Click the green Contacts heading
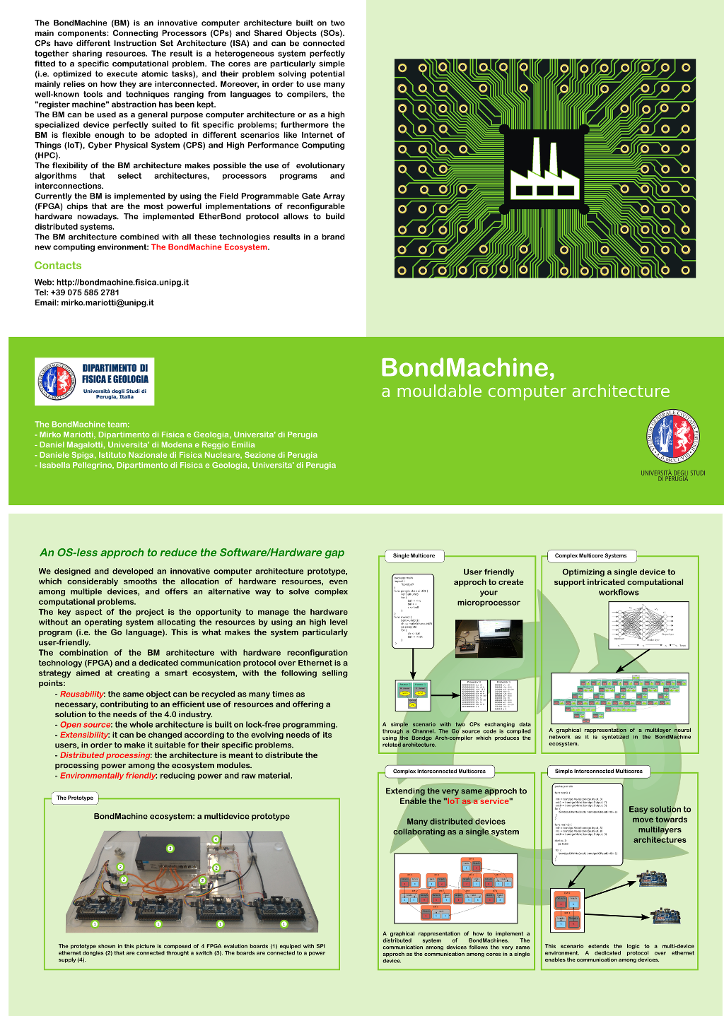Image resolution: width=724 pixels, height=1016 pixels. click(x=58, y=266)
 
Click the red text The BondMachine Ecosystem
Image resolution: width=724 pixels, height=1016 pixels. click(x=209, y=247)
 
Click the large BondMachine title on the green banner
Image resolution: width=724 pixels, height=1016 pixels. click(x=468, y=367)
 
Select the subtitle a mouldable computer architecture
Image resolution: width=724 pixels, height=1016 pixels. click(x=525, y=391)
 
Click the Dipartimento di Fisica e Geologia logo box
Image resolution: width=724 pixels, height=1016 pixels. click(x=95, y=382)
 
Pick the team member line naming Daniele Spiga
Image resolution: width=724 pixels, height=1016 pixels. click(x=178, y=455)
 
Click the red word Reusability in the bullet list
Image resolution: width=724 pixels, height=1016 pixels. click(x=82, y=695)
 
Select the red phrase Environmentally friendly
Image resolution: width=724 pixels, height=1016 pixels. click(x=107, y=776)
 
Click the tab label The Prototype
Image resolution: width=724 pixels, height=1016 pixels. click(x=75, y=798)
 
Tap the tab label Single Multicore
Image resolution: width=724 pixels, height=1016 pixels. click(x=414, y=556)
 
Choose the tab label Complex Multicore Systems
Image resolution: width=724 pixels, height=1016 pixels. click(x=590, y=556)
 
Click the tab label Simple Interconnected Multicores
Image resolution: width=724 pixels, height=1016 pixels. click(x=598, y=772)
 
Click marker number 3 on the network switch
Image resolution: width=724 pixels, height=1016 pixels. click(x=170, y=848)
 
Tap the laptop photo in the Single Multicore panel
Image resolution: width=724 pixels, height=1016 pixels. click(x=489, y=639)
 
